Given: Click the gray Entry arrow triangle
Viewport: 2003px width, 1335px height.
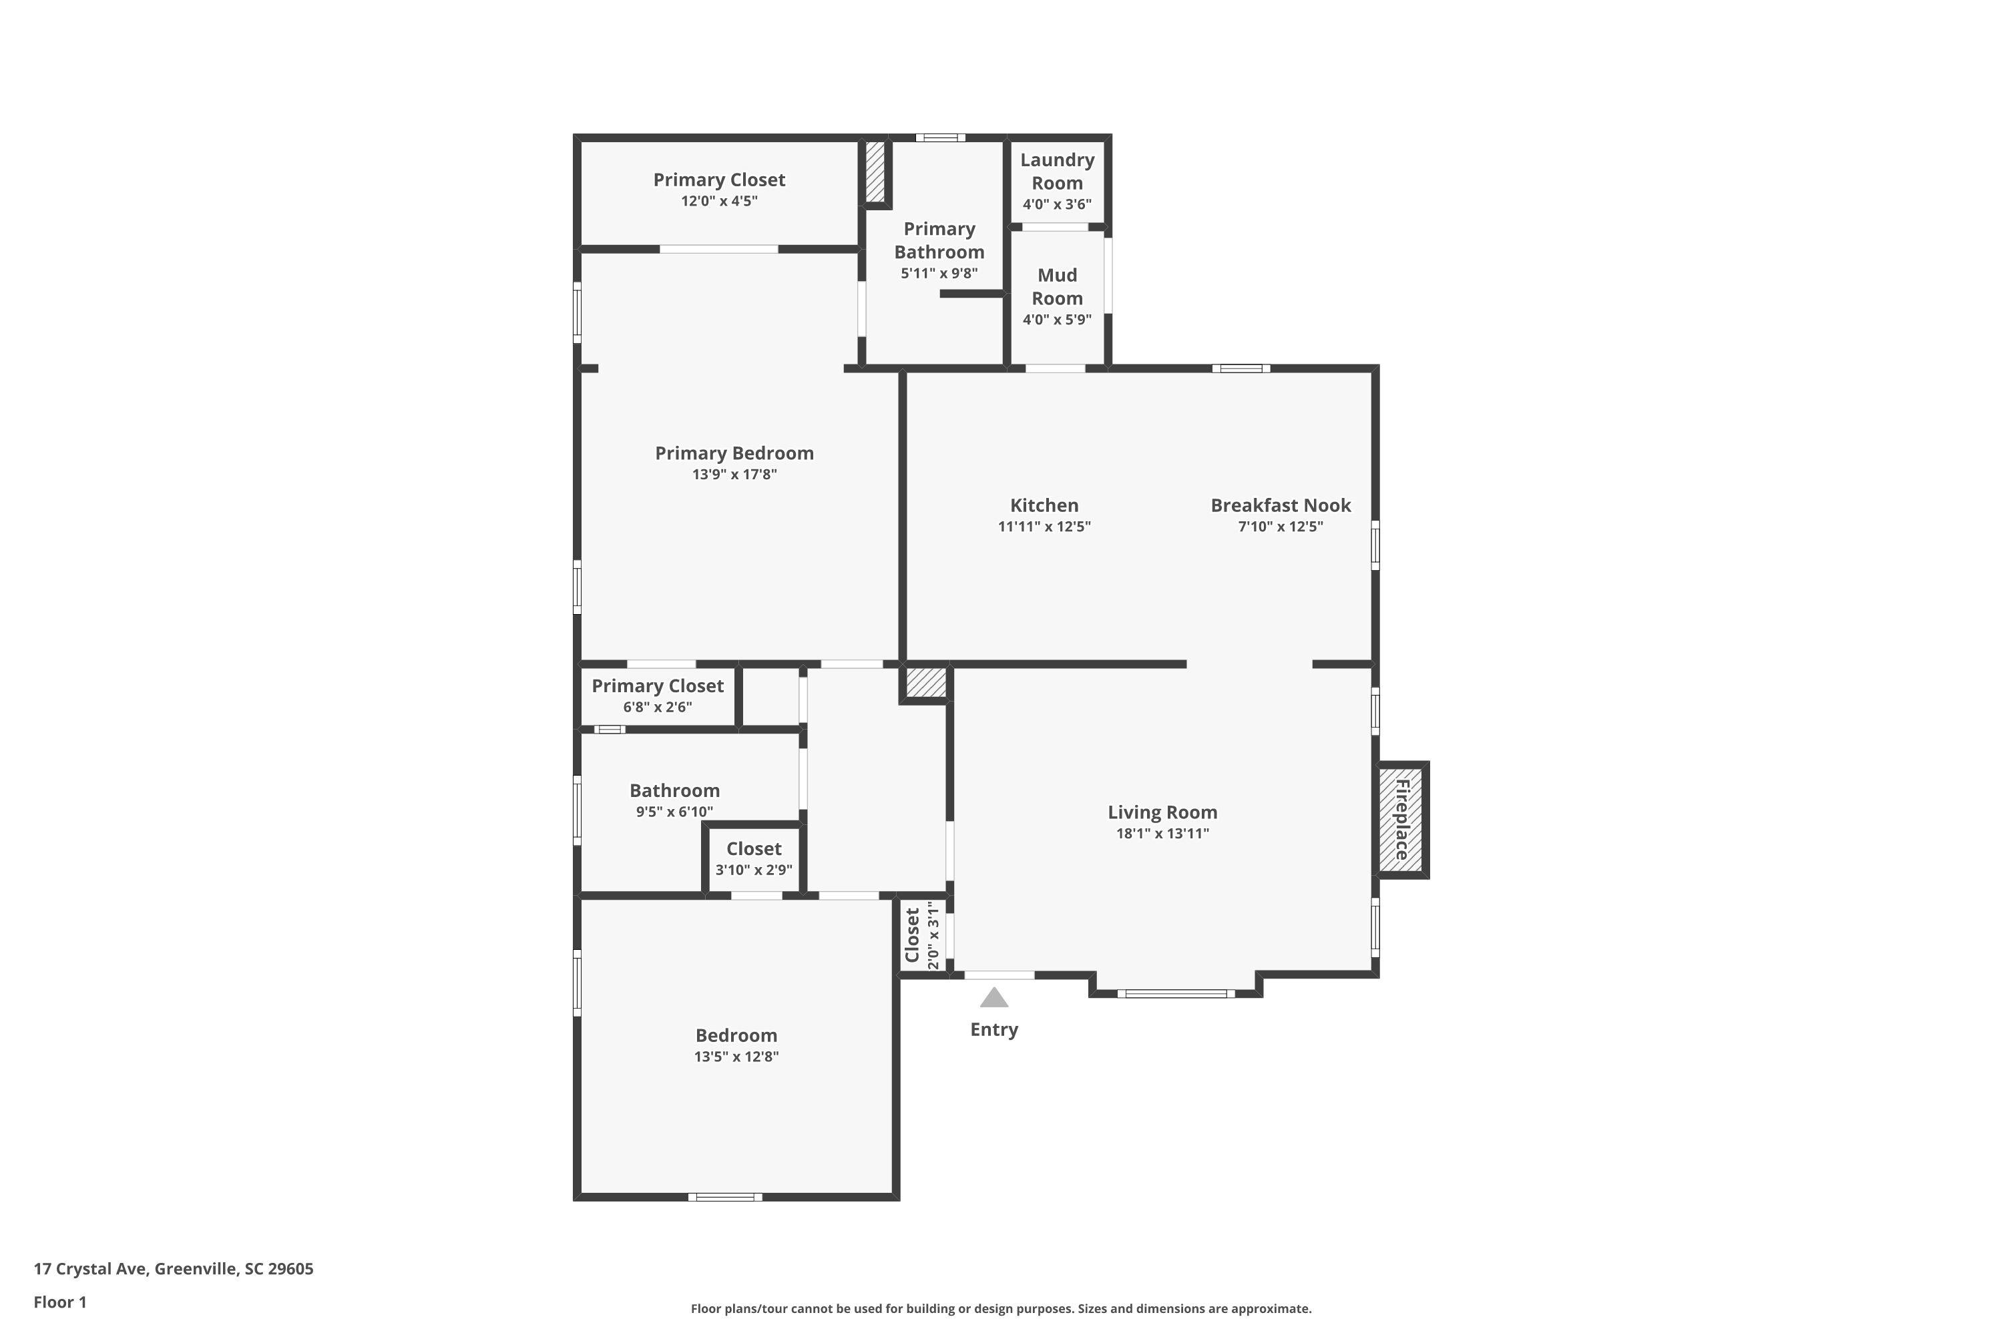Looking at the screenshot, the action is click(x=994, y=997).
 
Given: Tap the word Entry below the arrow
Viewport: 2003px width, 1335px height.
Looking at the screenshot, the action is click(x=994, y=1030).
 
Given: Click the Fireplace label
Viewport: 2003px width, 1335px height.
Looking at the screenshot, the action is click(x=1401, y=819).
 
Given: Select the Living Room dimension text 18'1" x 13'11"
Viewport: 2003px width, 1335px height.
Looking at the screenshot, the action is click(x=1162, y=834).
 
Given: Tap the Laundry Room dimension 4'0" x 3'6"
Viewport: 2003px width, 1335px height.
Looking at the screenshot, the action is click(x=1057, y=204).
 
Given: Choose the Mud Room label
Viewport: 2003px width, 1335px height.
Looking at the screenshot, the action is click(x=1057, y=287).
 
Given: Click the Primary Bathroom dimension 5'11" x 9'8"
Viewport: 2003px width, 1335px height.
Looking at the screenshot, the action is click(x=939, y=273).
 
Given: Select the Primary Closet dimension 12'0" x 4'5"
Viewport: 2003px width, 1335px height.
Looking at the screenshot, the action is click(x=719, y=201).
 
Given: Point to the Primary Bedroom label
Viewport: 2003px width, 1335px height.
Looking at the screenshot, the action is click(x=734, y=453).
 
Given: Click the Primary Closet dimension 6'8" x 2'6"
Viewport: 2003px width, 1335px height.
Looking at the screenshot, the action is click(x=658, y=708).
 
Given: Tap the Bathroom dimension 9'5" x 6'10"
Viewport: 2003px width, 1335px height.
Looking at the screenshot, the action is click(x=674, y=812).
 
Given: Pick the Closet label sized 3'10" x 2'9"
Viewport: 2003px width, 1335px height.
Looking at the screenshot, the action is click(x=754, y=849).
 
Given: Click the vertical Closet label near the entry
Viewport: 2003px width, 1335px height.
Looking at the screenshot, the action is click(x=913, y=935).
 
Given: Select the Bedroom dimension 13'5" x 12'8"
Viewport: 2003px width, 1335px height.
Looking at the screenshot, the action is click(x=736, y=1057).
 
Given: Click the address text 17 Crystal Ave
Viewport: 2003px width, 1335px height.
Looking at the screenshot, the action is click(x=90, y=1269).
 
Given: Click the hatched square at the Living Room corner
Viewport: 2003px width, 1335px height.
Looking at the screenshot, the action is click(x=925, y=683).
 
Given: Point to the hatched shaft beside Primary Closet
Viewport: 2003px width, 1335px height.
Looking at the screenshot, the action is click(x=875, y=172).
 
